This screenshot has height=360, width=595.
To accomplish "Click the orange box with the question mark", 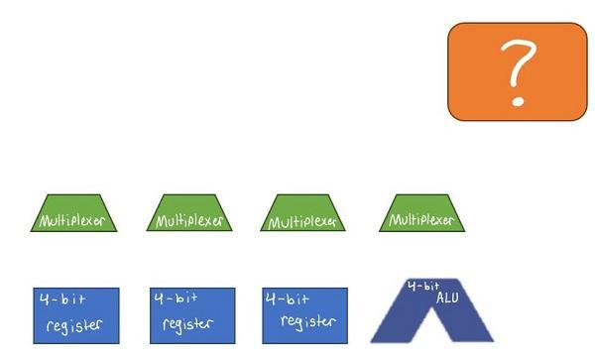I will pyautogui.click(x=517, y=71).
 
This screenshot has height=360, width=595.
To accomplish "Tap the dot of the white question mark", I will pyautogui.click(x=516, y=101).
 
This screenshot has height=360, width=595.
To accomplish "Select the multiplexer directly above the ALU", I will pyautogui.click(x=422, y=214).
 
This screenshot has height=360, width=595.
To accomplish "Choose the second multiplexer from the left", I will pyautogui.click(x=189, y=214).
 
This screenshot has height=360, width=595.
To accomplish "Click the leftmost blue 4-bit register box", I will pyautogui.click(x=75, y=315).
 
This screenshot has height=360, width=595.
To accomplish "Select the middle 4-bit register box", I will pyautogui.click(x=192, y=315).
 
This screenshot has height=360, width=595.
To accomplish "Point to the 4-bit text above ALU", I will pyautogui.click(x=423, y=286).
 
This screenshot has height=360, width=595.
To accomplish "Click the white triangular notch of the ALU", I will pyautogui.click(x=431, y=330).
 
